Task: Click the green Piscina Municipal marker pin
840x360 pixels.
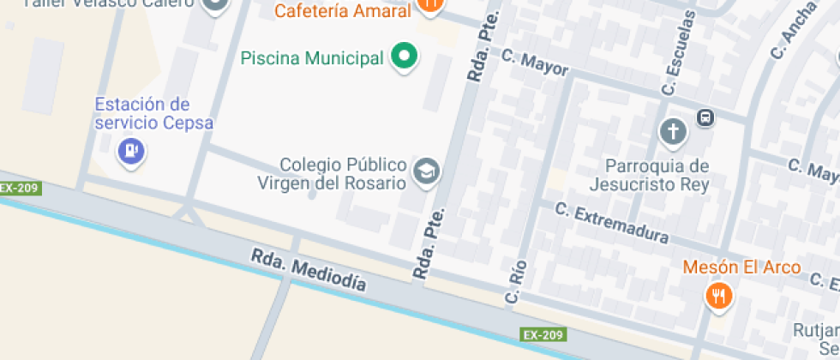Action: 404,57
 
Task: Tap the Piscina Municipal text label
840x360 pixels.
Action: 312,59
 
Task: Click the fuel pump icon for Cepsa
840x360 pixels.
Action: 130,151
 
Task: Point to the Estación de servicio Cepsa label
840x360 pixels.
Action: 142,113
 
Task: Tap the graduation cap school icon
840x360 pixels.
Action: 425,171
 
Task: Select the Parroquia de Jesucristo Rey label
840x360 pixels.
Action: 650,175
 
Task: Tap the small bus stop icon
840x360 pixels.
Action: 705,118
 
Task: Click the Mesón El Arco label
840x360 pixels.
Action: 741,267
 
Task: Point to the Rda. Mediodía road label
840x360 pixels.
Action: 309,270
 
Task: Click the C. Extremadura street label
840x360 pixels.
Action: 611,221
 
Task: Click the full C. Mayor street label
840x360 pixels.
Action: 535,63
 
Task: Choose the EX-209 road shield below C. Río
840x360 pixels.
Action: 542,333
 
